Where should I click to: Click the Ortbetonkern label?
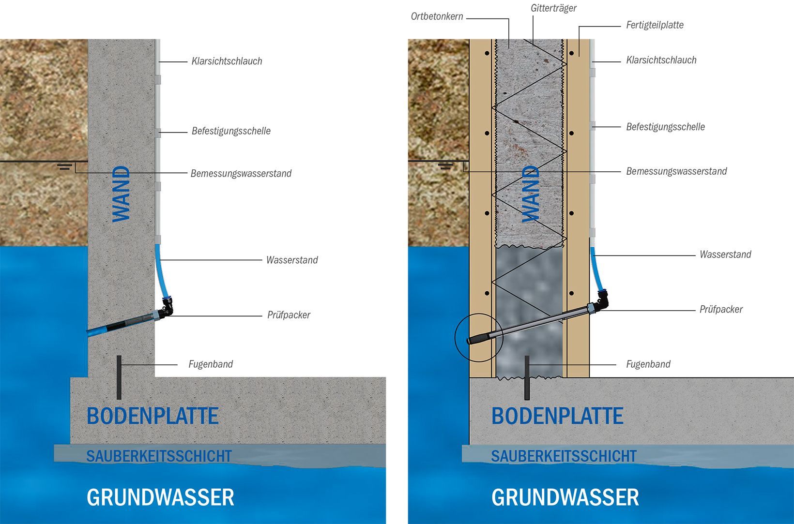(x=437, y=16)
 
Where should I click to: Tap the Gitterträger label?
(x=553, y=8)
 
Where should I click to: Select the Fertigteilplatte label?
(x=655, y=25)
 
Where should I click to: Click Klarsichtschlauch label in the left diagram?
(x=227, y=61)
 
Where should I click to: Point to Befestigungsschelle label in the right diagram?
(x=665, y=127)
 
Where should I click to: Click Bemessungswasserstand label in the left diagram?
(x=241, y=173)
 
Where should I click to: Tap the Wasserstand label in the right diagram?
(x=725, y=255)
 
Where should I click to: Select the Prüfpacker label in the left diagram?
(x=289, y=315)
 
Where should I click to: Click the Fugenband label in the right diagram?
(x=648, y=364)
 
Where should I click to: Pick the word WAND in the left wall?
(x=121, y=194)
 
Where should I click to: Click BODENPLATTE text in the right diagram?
(x=557, y=416)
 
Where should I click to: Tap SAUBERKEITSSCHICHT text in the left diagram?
(x=159, y=456)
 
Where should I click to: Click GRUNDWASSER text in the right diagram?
(x=565, y=497)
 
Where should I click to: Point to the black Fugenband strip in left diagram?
(x=119, y=377)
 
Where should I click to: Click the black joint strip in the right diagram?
(x=527, y=377)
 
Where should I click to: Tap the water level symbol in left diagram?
(x=65, y=166)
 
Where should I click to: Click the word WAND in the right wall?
(x=531, y=194)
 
